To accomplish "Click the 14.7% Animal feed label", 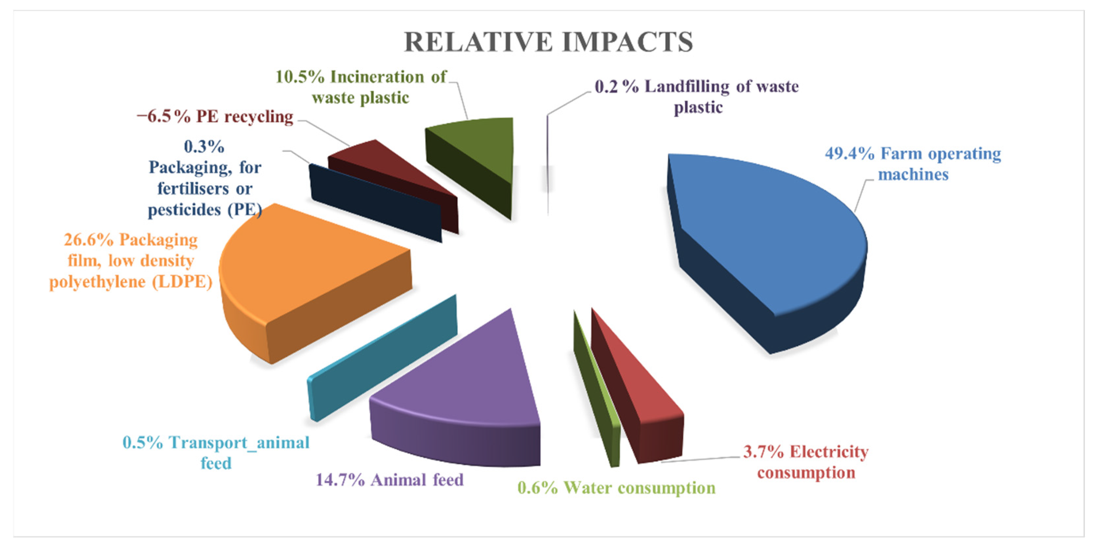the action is pos(389,480).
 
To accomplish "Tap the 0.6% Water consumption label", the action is pos(616,488).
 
